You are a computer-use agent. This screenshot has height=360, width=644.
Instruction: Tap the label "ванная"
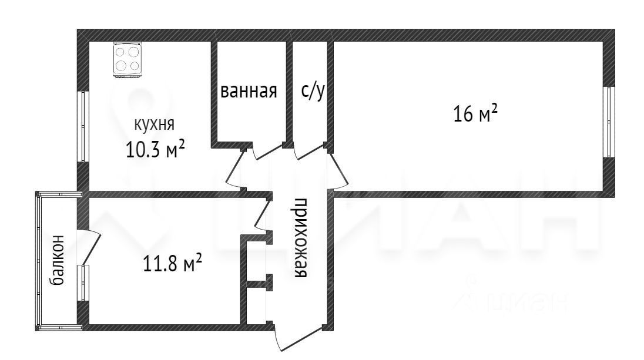click(x=249, y=92)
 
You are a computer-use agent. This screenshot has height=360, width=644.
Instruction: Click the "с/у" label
click(x=312, y=92)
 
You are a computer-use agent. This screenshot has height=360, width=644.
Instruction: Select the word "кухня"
click(x=155, y=125)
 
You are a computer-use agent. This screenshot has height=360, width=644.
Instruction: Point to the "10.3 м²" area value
click(x=155, y=149)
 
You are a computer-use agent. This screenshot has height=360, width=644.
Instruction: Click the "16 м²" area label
click(x=475, y=113)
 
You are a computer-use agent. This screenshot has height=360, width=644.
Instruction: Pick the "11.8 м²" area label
click(x=173, y=263)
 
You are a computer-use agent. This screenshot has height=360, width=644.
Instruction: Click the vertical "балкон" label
click(x=58, y=260)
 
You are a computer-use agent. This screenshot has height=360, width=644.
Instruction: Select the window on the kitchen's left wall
click(x=83, y=125)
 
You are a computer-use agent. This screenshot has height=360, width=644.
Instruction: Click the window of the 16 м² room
click(x=609, y=122)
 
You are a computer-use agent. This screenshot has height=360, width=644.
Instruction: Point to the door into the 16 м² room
click(x=340, y=170)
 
